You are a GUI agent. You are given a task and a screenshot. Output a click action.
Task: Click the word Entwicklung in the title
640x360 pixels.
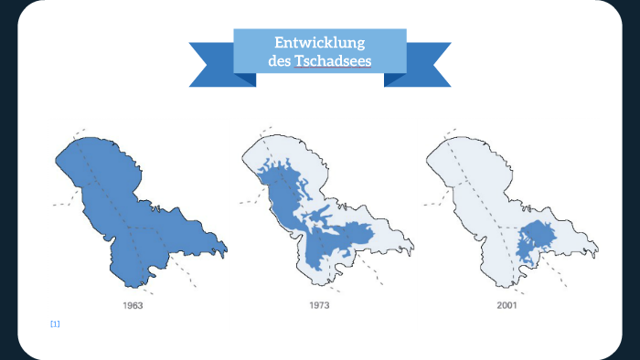tap(320, 44)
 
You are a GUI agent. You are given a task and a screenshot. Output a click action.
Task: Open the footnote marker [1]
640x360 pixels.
tap(55, 324)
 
